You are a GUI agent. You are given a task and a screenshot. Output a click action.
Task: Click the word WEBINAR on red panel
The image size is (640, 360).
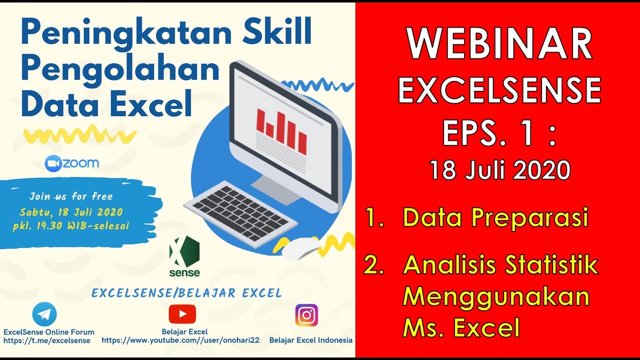pyautogui.click(x=499, y=44)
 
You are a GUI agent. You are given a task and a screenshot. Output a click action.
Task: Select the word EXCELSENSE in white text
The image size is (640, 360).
pyautogui.click(x=499, y=90)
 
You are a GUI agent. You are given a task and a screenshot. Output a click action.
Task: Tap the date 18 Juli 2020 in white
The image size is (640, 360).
pyautogui.click(x=499, y=170)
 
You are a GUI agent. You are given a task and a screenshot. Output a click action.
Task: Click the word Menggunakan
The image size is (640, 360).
pyautogui.click(x=495, y=297)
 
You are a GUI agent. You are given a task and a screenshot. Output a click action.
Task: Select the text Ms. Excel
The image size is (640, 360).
pyautogui.click(x=461, y=328)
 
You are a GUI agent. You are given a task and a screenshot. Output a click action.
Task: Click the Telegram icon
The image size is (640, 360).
pyautogui.click(x=44, y=314)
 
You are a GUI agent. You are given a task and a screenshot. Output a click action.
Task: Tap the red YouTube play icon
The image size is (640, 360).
pyautogui.click(x=182, y=314)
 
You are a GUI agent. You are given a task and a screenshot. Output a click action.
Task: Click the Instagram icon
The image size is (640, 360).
pyautogui.click(x=306, y=315)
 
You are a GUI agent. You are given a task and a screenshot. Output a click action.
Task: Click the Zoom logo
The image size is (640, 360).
pyautogui.click(x=72, y=163)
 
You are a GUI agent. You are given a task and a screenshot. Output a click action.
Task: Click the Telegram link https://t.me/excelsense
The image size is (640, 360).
pyautogui.click(x=47, y=340)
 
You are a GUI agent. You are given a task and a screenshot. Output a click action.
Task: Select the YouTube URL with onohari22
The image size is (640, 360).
pyautogui.click(x=180, y=340)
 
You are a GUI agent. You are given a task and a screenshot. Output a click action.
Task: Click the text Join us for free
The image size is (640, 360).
pyautogui.click(x=71, y=196)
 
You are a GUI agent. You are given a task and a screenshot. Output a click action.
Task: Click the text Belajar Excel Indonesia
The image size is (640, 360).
pyautogui.click(x=310, y=340)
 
